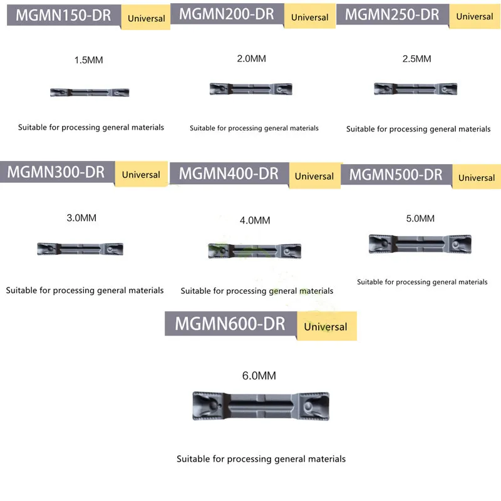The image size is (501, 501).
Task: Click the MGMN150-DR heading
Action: pyautogui.click(x=63, y=15)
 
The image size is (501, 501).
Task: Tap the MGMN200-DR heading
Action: pyautogui.click(x=226, y=14)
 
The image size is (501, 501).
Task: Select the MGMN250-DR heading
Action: pyautogui.click(x=393, y=14)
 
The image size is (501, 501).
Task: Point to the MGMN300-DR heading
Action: pyautogui.click(x=56, y=172)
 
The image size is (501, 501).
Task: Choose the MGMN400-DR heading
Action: pyautogui.click(x=229, y=173)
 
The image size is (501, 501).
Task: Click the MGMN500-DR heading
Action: pyautogui.click(x=396, y=175)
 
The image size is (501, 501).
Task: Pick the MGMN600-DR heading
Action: pyautogui.click(x=230, y=324)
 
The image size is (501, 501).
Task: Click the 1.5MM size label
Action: pyautogui.click(x=88, y=61)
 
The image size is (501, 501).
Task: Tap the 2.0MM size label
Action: pyautogui.click(x=251, y=58)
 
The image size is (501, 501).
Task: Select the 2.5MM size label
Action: pyautogui.click(x=417, y=59)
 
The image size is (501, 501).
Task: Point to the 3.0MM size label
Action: pyautogui.click(x=81, y=219)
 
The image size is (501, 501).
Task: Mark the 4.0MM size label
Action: pyautogui.click(x=255, y=220)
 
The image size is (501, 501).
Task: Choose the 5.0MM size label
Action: pyautogui.click(x=420, y=219)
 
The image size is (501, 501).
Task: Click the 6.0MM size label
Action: pyautogui.click(x=259, y=376)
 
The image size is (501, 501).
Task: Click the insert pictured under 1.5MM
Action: pyautogui.click(x=90, y=93)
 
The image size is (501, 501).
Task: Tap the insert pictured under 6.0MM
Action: pyautogui.click(x=260, y=406)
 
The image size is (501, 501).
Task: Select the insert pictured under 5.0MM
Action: pyautogui.click(x=420, y=244)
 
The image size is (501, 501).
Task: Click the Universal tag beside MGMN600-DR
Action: pyautogui.click(x=326, y=326)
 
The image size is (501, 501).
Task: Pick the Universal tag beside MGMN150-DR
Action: pyautogui.click(x=147, y=18)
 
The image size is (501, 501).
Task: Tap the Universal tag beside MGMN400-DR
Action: pyautogui.click(x=314, y=176)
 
